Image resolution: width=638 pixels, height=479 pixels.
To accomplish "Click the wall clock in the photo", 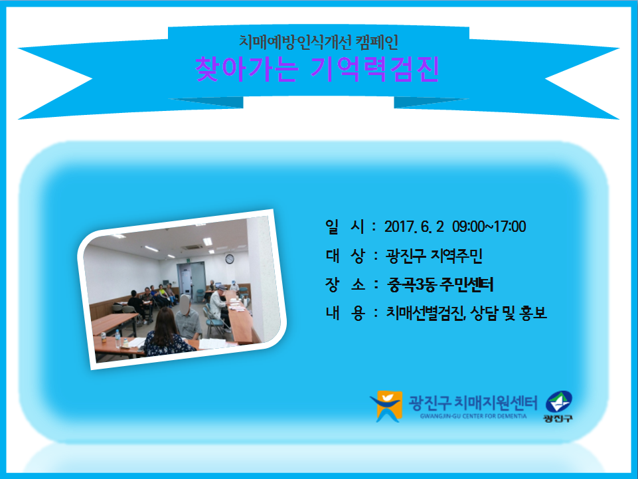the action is click(x=230, y=258).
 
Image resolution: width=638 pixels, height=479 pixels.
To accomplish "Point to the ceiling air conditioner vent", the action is click(x=192, y=247).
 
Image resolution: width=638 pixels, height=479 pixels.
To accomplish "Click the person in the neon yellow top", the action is click(x=162, y=294).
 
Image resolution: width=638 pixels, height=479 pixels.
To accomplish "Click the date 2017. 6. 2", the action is click(x=414, y=227).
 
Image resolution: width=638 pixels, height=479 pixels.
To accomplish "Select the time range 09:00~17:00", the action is click(x=489, y=227).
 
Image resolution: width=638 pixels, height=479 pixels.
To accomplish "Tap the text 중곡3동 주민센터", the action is click(x=440, y=284).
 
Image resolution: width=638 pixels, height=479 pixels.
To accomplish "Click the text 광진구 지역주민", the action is click(x=434, y=256).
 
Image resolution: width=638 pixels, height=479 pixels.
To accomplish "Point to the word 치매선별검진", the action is click(x=425, y=313).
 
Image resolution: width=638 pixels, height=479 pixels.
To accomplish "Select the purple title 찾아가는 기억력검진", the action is click(x=317, y=69).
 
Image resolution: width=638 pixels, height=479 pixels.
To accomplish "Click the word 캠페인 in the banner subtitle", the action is click(x=377, y=42).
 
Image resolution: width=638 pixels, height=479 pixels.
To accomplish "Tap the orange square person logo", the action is click(x=386, y=406).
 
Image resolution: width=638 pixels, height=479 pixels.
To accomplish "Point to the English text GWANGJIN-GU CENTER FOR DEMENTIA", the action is click(x=473, y=417).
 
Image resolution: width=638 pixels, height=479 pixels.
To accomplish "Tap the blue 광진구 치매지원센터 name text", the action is click(x=473, y=403).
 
